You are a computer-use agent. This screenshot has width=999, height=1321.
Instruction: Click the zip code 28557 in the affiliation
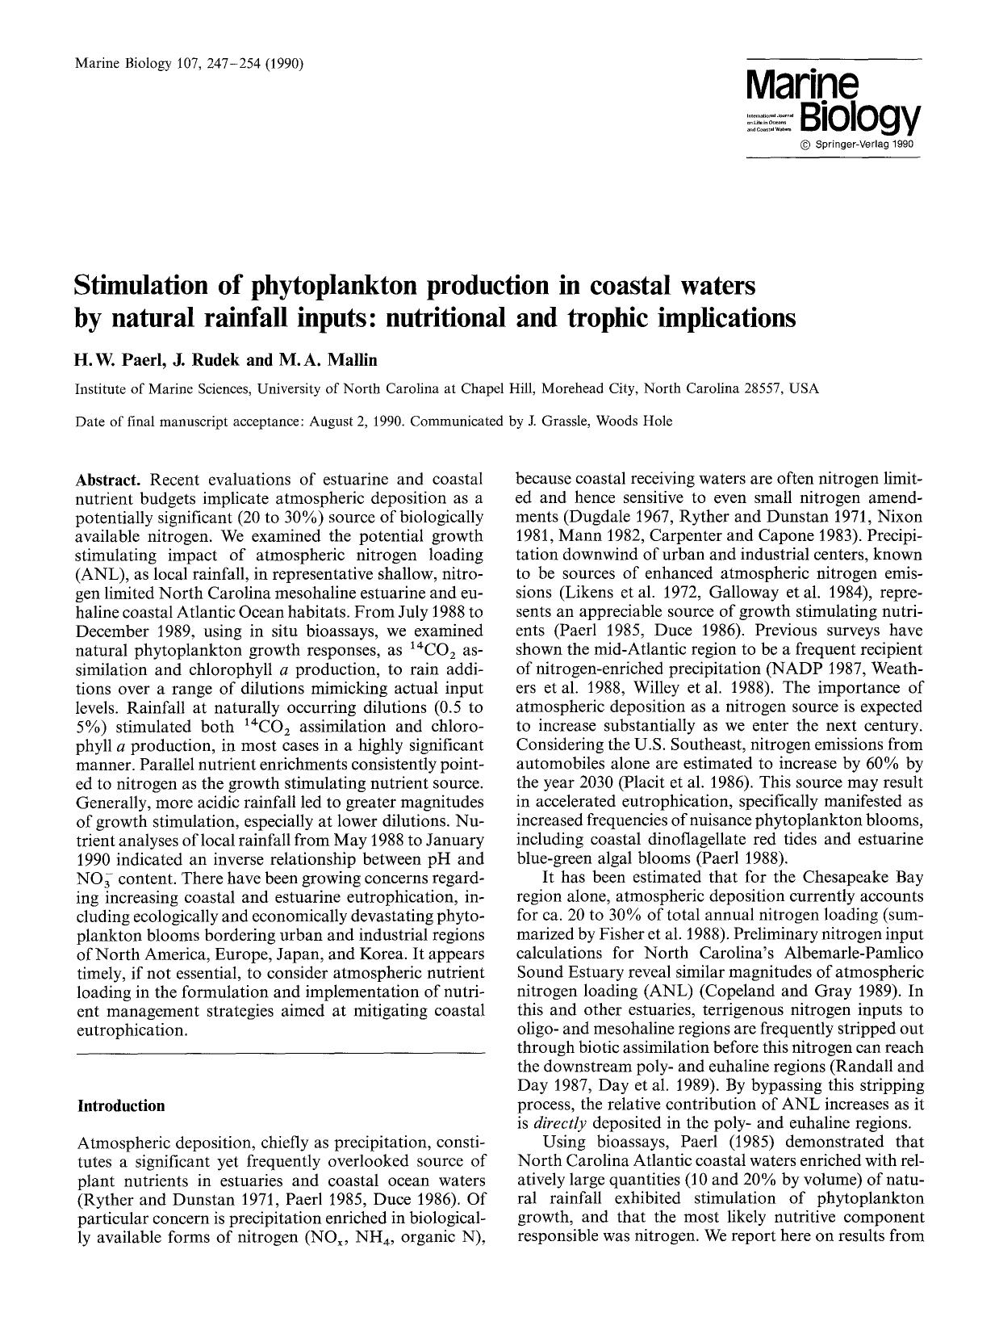759,388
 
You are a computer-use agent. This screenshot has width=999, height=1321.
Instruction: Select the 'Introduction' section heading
120,1105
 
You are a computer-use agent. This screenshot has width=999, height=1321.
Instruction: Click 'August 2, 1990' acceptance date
360,421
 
